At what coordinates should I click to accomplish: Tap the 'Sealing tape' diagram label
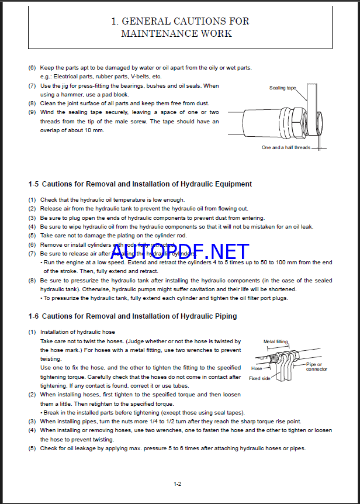(282, 88)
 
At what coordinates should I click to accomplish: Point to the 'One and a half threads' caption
(286, 147)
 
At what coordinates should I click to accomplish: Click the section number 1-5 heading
(33, 184)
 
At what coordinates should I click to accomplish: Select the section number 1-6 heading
(33, 316)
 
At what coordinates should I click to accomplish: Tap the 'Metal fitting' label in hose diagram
(275, 342)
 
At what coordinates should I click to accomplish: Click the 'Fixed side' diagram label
(259, 378)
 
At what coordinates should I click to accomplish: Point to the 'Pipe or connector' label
(317, 367)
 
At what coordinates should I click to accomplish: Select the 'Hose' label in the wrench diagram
(257, 369)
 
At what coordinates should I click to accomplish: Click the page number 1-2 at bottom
(178, 484)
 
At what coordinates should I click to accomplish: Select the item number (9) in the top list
(32, 112)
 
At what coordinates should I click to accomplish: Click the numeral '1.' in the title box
(115, 22)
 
